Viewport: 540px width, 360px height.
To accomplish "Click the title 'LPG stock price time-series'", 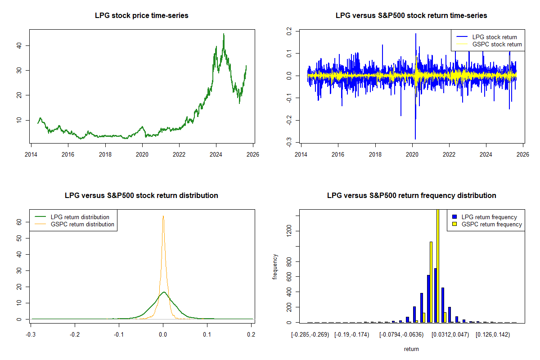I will (141, 16).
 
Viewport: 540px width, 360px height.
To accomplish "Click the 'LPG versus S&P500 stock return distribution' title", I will (141, 196).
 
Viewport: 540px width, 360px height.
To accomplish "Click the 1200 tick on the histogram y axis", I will (288, 231).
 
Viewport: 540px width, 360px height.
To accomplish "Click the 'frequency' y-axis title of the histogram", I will (275, 267).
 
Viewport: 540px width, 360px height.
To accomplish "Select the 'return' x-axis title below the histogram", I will (411, 349).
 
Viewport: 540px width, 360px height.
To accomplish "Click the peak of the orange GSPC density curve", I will (163, 216).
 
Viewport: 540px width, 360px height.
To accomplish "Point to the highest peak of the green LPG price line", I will (224, 34).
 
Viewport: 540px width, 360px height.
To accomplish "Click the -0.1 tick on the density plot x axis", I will (119, 334).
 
